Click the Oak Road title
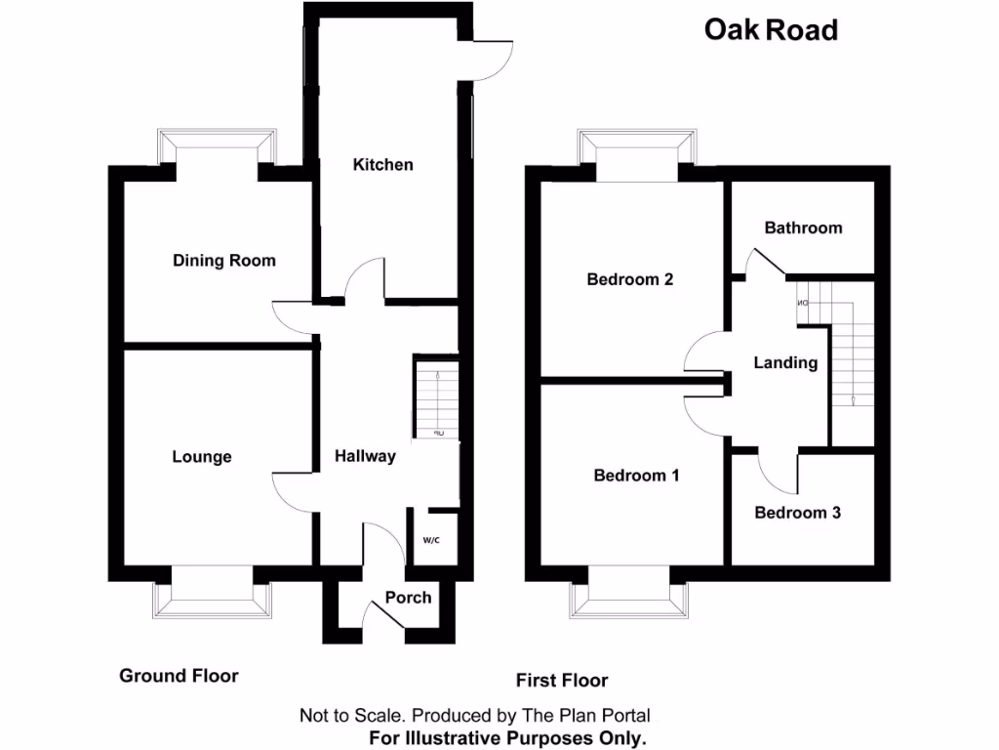point(771,30)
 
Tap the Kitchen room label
point(382,165)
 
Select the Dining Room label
point(223,261)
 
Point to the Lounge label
point(202,457)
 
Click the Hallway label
point(365,456)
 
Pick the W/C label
point(431,540)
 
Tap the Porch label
point(408,598)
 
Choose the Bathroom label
point(803,228)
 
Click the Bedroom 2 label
point(629,279)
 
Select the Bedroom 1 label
point(636,476)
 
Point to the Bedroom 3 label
point(797,513)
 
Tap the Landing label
point(785,363)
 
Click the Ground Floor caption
point(179,676)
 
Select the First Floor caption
point(561,681)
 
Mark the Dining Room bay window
point(217,146)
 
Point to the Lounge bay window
point(210,593)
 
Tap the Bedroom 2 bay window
point(637,146)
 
